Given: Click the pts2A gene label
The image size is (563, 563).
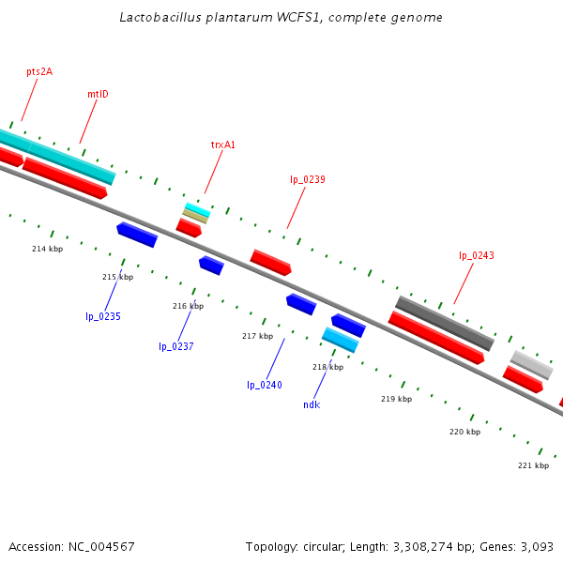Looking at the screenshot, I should pos(39,71).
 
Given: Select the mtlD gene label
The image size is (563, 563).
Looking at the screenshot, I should pos(98,94).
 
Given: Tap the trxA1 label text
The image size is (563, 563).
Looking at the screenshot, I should pos(223,145).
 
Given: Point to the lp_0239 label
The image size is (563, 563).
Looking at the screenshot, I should pos(308,179).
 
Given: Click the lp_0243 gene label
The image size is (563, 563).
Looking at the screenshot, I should pos(476,255).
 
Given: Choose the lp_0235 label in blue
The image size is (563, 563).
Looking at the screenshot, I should pos(103,316).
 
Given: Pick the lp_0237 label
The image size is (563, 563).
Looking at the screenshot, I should pos(175,346).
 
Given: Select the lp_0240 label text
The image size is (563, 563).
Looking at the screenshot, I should pos(265,385).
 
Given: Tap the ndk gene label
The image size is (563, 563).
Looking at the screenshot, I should pos(312,404).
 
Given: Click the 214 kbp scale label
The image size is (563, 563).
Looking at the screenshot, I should pos(47,249).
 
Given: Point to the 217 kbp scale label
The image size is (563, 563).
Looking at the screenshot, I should pos(257,336).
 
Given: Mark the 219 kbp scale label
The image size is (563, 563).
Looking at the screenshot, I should pos(396,399).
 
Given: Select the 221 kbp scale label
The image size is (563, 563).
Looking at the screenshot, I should pos(533,465).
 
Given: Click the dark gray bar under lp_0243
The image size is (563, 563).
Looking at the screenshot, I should pos(445,323).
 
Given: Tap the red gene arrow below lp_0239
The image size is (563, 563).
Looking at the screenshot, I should pos(270,262).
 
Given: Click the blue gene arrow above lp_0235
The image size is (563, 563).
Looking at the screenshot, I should pos(137,235).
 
